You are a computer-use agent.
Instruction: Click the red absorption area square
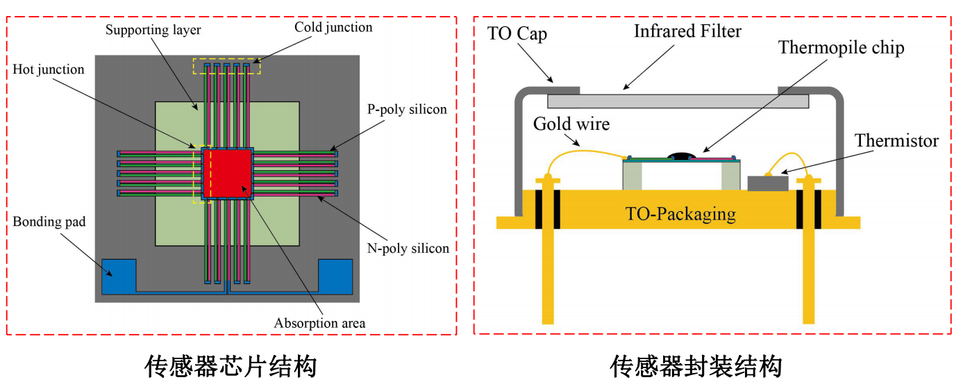point(227,173)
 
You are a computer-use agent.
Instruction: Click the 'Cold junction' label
point(333,28)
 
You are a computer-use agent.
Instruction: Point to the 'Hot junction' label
point(49,69)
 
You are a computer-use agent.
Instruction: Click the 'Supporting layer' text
point(153,31)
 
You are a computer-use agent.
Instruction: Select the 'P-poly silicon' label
point(407,109)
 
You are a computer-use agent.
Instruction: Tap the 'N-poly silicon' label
point(408,248)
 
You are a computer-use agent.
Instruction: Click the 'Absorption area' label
point(319,323)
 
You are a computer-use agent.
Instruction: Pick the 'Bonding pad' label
point(49,222)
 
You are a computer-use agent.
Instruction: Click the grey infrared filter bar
point(678,101)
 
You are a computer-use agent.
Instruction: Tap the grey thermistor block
point(768,183)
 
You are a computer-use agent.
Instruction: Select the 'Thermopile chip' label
point(841,48)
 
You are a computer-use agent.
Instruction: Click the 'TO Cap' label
point(517,34)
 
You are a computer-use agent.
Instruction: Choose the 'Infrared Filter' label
point(687,31)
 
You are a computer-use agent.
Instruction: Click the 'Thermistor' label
point(896,141)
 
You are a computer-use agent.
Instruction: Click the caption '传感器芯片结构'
point(231,366)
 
